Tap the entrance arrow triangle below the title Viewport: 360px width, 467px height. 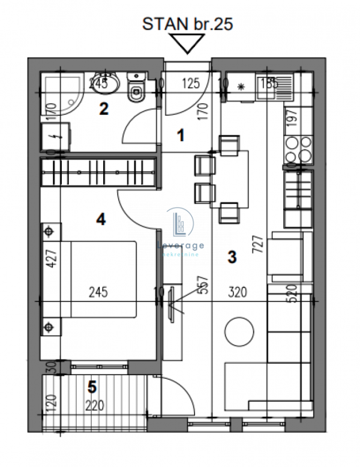pyautogui.click(x=187, y=44)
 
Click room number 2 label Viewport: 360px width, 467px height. pyautogui.click(x=103, y=109)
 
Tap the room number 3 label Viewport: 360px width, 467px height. pyautogui.click(x=232, y=256)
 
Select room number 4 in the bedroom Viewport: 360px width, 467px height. pyautogui.click(x=101, y=220)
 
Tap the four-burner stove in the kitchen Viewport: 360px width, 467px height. pyautogui.click(x=298, y=149)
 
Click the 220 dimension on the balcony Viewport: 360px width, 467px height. pyautogui.click(x=94, y=406)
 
